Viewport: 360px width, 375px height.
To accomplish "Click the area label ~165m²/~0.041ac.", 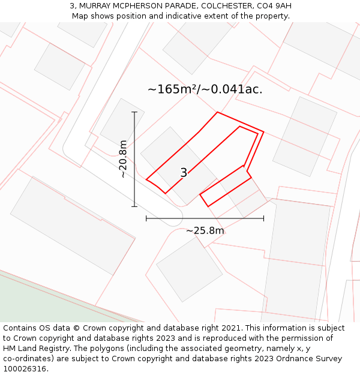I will tap(205, 89).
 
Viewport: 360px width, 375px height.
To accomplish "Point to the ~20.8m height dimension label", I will tap(123, 159).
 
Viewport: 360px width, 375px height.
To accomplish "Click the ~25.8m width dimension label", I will tap(205, 231).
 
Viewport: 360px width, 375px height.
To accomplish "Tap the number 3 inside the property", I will tap(184, 173).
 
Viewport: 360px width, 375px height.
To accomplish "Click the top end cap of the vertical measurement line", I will tap(134, 112).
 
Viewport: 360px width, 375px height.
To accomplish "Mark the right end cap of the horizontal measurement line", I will tap(263, 218).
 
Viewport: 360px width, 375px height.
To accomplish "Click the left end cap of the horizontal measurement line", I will tap(146, 218).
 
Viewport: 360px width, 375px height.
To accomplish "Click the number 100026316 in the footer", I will tap(25, 369).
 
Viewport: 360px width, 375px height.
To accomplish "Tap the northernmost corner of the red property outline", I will tap(217, 112).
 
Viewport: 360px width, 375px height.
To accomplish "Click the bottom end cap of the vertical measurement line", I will tap(134, 206).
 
